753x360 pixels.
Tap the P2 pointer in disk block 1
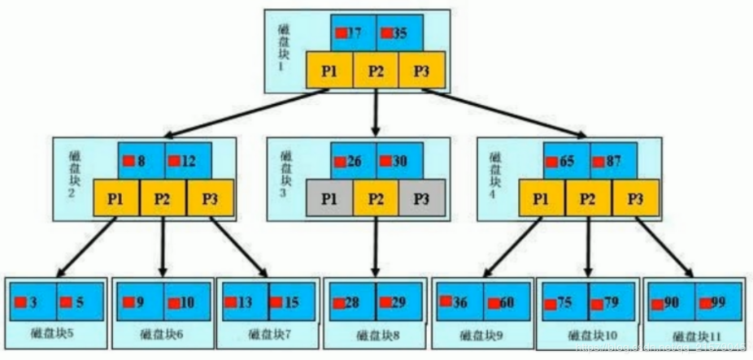pyautogui.click(x=375, y=71)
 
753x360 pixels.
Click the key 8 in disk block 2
pyautogui.click(x=141, y=161)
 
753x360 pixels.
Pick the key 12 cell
pyautogui.click(x=188, y=161)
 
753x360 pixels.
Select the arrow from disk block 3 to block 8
pyautogui.click(x=375, y=248)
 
